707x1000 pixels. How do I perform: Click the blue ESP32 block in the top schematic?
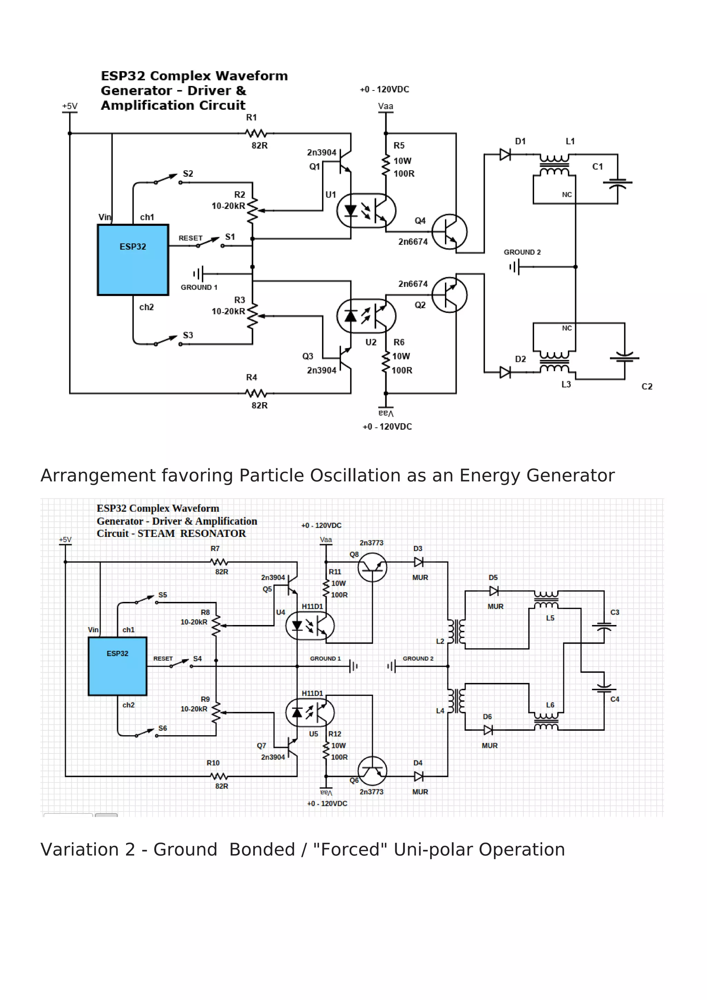tap(133, 260)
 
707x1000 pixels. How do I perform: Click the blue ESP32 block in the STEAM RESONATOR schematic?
tap(117, 666)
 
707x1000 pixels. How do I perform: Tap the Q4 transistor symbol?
tap(449, 232)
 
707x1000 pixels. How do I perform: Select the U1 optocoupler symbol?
tap(366, 211)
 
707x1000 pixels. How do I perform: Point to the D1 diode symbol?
tap(505, 155)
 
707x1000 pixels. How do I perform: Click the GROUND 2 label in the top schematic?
tap(522, 252)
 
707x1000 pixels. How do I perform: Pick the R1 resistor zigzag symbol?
tap(256, 133)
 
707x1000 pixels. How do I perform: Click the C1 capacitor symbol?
tap(617, 183)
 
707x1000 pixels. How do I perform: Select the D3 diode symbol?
tap(418, 562)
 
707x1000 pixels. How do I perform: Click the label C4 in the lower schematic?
tap(615, 700)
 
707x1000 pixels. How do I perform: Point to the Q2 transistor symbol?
tap(449, 295)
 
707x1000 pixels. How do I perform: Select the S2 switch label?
tap(188, 173)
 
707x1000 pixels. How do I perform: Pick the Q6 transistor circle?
tap(372, 771)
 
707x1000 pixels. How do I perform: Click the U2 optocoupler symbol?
tap(366, 316)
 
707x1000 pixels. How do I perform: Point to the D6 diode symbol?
tap(488, 730)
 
